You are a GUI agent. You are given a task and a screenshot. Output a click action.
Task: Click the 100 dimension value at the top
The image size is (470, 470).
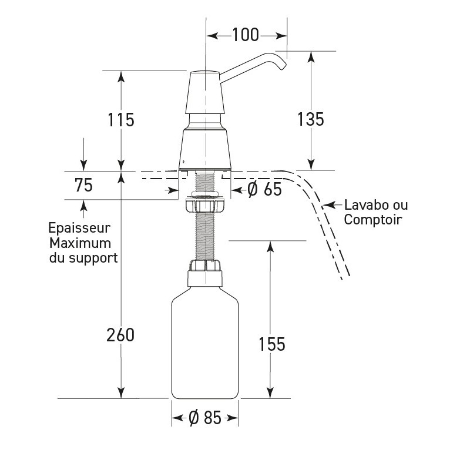click(x=245, y=35)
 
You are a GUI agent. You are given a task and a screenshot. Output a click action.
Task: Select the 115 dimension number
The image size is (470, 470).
click(x=121, y=119)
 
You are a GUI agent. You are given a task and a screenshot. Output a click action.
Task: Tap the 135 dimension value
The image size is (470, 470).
click(x=310, y=119)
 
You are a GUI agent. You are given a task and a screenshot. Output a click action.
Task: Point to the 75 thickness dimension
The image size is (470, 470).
click(x=83, y=185)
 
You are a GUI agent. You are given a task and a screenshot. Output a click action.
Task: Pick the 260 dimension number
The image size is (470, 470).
click(x=120, y=335)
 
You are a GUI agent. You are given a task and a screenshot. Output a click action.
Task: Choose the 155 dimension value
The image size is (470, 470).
click(x=271, y=344)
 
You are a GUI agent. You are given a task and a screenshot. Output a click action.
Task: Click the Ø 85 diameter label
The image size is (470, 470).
click(x=205, y=418)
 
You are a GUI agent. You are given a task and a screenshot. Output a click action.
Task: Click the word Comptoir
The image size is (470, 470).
click(x=372, y=220)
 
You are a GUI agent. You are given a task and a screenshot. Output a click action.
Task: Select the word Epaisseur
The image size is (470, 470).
click(x=80, y=228)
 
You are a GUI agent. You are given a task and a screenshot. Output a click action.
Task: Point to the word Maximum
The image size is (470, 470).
click(x=80, y=243)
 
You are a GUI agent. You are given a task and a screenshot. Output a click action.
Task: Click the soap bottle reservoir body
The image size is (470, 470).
click(x=204, y=347)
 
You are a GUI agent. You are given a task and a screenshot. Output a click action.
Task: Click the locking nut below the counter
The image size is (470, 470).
click(x=205, y=205)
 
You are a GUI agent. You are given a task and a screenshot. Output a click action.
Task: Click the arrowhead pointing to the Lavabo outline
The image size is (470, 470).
click(x=327, y=206)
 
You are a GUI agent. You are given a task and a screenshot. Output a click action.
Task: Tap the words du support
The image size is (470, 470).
click(x=83, y=257)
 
